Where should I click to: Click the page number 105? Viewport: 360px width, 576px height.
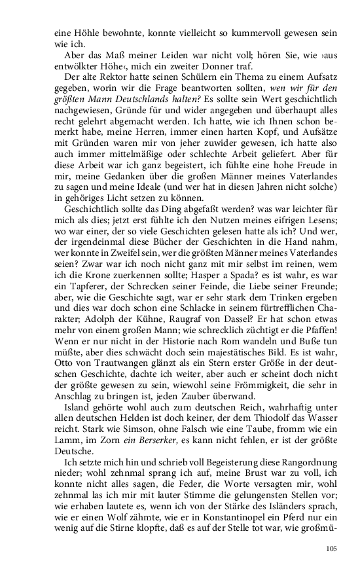(x=331, y=549)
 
